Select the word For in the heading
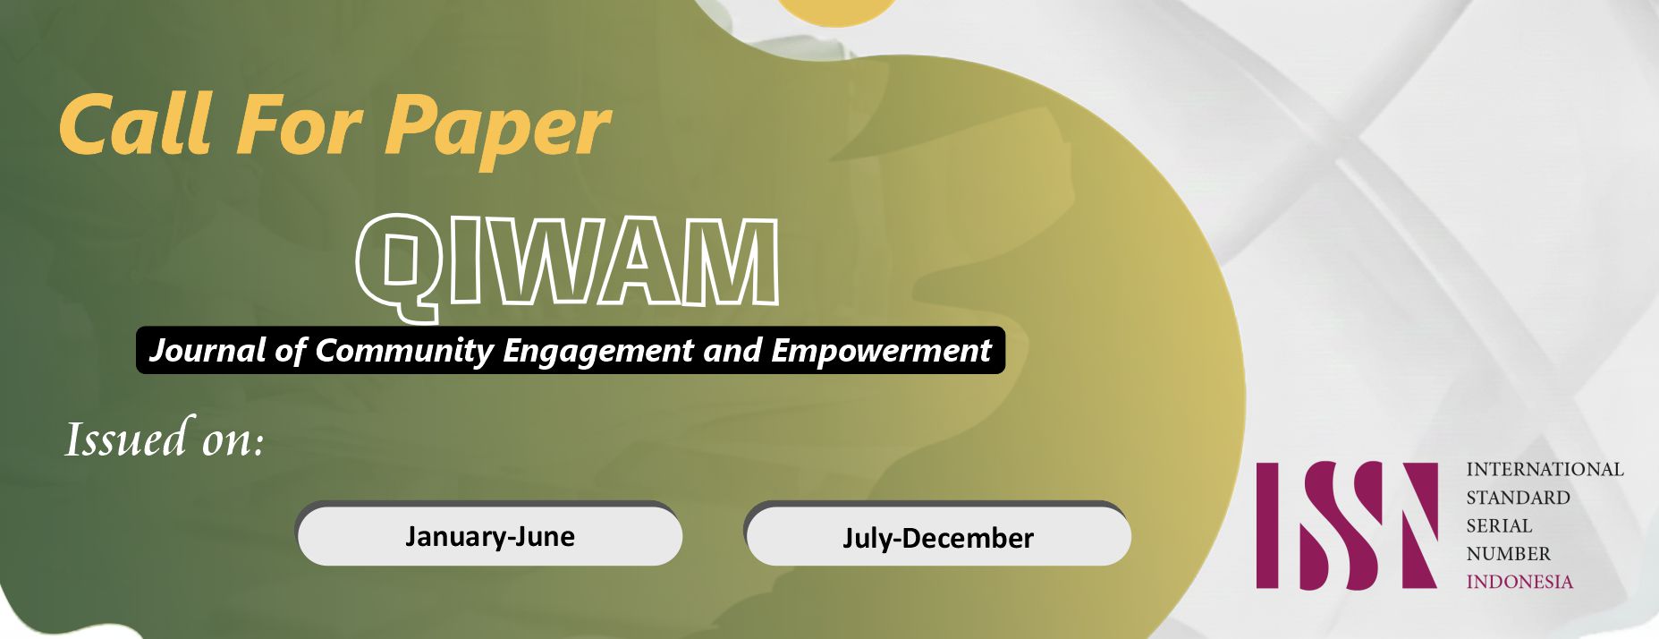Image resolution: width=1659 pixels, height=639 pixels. pos(300,124)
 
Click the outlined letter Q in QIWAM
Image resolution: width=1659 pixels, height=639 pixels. pos(399,267)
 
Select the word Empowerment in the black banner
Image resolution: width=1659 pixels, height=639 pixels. pos(881,350)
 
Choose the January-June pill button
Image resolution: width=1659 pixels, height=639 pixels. pos(489,534)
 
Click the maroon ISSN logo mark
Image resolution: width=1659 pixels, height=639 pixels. pos(1347,525)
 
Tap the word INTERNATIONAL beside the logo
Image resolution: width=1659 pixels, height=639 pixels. pos(1545,469)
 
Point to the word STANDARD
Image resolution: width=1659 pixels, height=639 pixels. pos(1518,498)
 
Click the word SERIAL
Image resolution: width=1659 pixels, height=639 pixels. pos(1499,525)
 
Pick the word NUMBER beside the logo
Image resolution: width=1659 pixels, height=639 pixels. pos(1508,554)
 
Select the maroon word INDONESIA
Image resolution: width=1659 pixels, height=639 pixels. pos(1519,582)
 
